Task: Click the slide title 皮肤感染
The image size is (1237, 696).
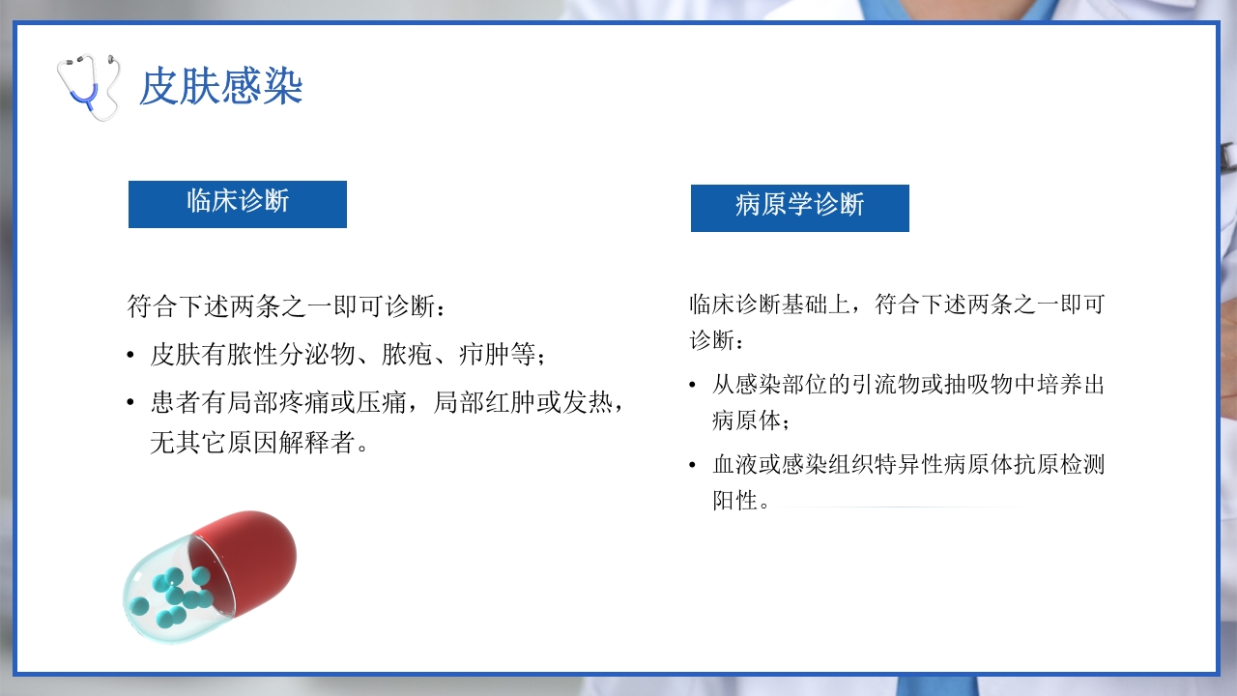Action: [221, 87]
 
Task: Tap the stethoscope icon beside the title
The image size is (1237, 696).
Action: [88, 86]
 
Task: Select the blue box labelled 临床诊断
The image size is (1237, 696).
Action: [238, 204]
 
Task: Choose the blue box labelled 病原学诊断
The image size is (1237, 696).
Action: [799, 208]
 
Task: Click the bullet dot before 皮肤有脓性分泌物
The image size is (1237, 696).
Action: [130, 356]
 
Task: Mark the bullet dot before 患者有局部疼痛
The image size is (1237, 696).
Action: [130, 404]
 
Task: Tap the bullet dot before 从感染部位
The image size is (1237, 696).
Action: [692, 386]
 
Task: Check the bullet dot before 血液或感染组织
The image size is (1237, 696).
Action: [692, 466]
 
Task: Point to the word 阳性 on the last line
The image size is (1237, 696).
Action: [735, 502]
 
